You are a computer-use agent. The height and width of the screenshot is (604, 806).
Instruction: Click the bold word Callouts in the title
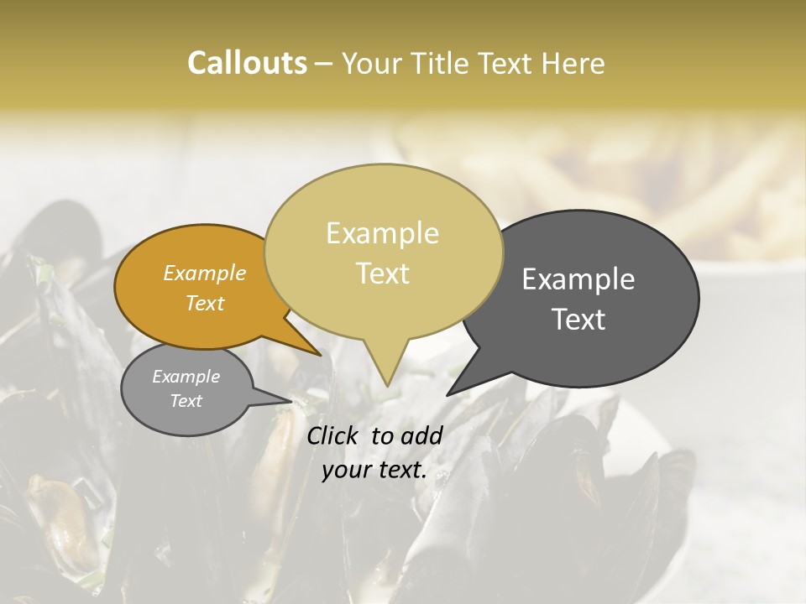click(247, 63)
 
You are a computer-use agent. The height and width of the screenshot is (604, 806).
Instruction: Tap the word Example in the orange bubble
click(205, 273)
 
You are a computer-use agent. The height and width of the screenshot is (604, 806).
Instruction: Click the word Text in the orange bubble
click(205, 303)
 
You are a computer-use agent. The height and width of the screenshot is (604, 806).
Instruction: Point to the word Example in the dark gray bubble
click(578, 279)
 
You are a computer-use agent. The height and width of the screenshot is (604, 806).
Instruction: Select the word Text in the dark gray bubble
click(578, 320)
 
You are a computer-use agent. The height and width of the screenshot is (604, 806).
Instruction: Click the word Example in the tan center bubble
click(382, 233)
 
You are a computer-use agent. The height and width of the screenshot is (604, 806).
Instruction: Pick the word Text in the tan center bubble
click(382, 273)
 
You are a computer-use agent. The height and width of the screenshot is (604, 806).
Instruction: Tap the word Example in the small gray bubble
click(186, 377)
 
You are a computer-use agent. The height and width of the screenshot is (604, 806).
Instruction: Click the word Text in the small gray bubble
click(186, 401)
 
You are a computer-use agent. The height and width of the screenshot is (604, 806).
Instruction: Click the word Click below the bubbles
click(334, 435)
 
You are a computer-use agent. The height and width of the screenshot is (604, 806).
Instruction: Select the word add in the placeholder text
click(422, 435)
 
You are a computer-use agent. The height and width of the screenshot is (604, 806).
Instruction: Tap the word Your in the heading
click(372, 63)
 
